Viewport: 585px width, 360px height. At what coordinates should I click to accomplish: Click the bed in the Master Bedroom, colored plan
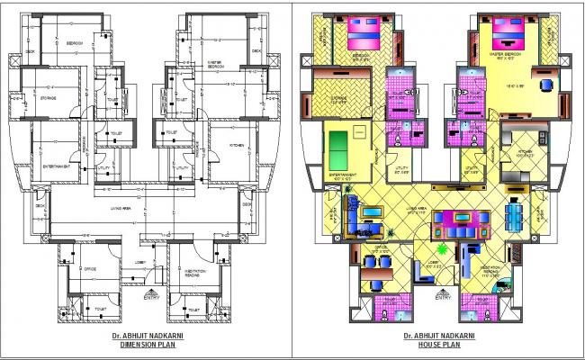point(509,38)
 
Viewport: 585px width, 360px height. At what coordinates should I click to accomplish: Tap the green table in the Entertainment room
point(338,144)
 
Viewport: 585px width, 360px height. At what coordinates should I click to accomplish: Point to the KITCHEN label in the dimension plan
point(237,145)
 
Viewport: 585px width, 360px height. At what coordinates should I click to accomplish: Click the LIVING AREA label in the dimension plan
point(122,207)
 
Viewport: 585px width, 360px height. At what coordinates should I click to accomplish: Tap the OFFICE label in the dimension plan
point(90,268)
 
